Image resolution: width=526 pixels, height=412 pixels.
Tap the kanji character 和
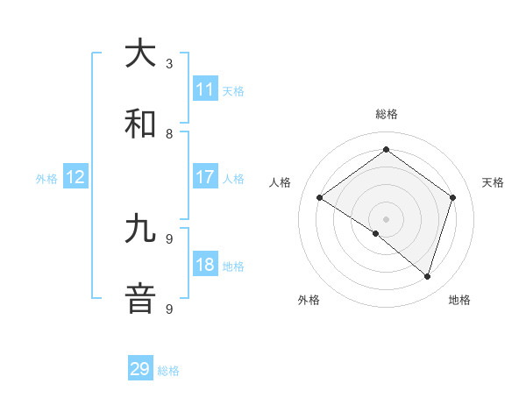point(140,124)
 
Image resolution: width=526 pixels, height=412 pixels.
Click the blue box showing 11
point(205,89)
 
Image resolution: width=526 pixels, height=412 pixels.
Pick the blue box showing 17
point(205,177)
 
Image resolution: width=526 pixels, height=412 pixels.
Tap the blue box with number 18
point(205,266)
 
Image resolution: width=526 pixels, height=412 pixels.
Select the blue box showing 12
point(75,178)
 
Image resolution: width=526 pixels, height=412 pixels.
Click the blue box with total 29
point(140,369)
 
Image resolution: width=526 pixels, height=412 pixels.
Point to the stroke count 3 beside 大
point(169,63)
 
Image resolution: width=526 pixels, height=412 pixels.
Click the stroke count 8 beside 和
point(169,134)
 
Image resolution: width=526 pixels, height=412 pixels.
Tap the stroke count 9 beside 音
point(169,309)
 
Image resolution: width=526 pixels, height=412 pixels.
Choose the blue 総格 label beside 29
point(168,371)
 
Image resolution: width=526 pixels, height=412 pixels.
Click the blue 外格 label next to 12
point(46,179)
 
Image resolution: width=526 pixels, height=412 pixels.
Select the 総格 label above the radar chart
point(386,114)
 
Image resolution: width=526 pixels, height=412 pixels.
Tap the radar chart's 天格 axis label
point(493,182)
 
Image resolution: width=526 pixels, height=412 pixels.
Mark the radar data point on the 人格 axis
point(320,197)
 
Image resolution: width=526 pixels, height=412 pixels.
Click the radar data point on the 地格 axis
point(427,276)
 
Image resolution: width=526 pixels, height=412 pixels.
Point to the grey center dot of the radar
point(386,218)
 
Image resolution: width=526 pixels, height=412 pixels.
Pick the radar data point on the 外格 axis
point(376,233)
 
